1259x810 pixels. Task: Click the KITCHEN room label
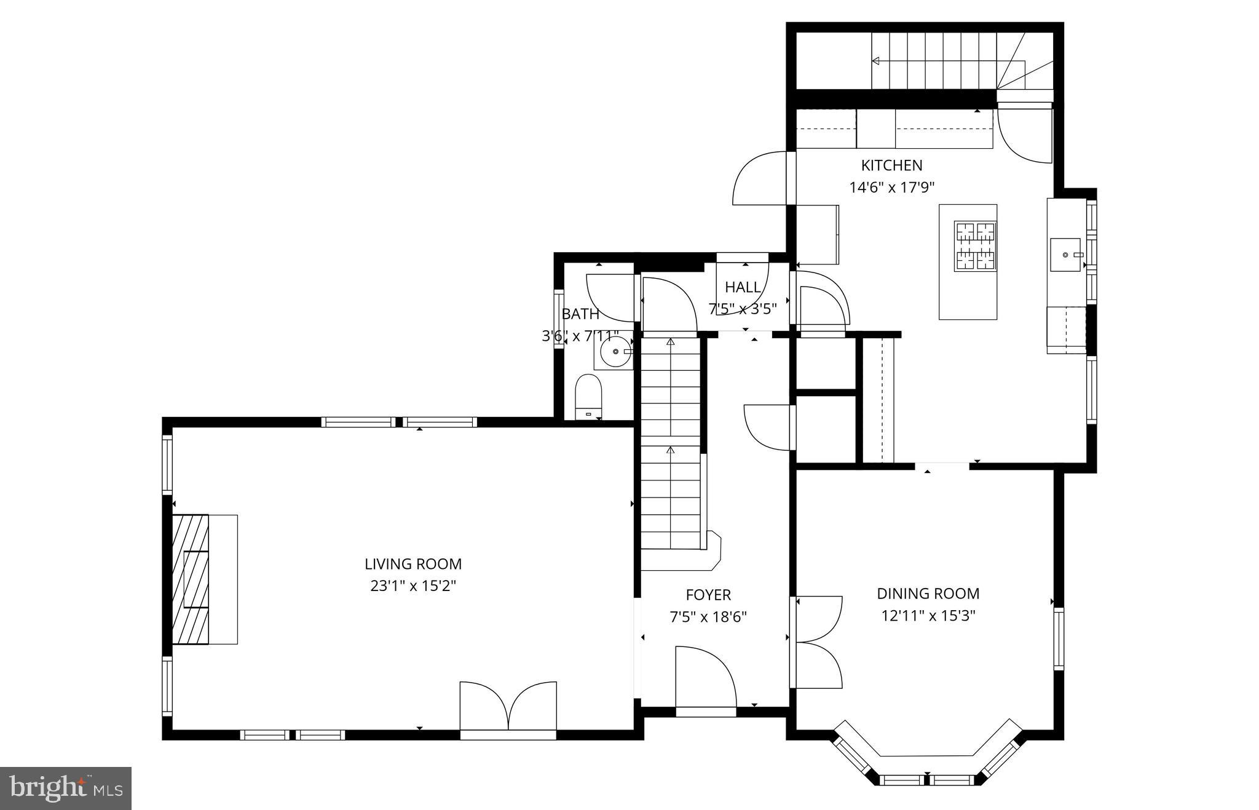point(891,165)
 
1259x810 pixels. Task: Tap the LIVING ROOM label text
point(413,564)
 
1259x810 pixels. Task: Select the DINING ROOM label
point(928,594)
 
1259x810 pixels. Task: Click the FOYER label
point(708,595)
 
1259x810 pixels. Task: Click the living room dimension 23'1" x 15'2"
point(413,586)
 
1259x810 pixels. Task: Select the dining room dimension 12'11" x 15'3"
point(928,616)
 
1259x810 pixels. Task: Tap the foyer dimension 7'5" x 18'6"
point(708,617)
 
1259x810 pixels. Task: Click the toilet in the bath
point(588,397)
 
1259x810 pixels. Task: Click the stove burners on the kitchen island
point(975,246)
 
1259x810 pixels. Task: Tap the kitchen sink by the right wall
point(1065,255)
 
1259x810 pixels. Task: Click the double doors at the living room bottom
point(508,707)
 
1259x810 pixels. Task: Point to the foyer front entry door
point(706,680)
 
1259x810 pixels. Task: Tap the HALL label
point(743,287)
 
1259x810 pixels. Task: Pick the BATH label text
point(580,314)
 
